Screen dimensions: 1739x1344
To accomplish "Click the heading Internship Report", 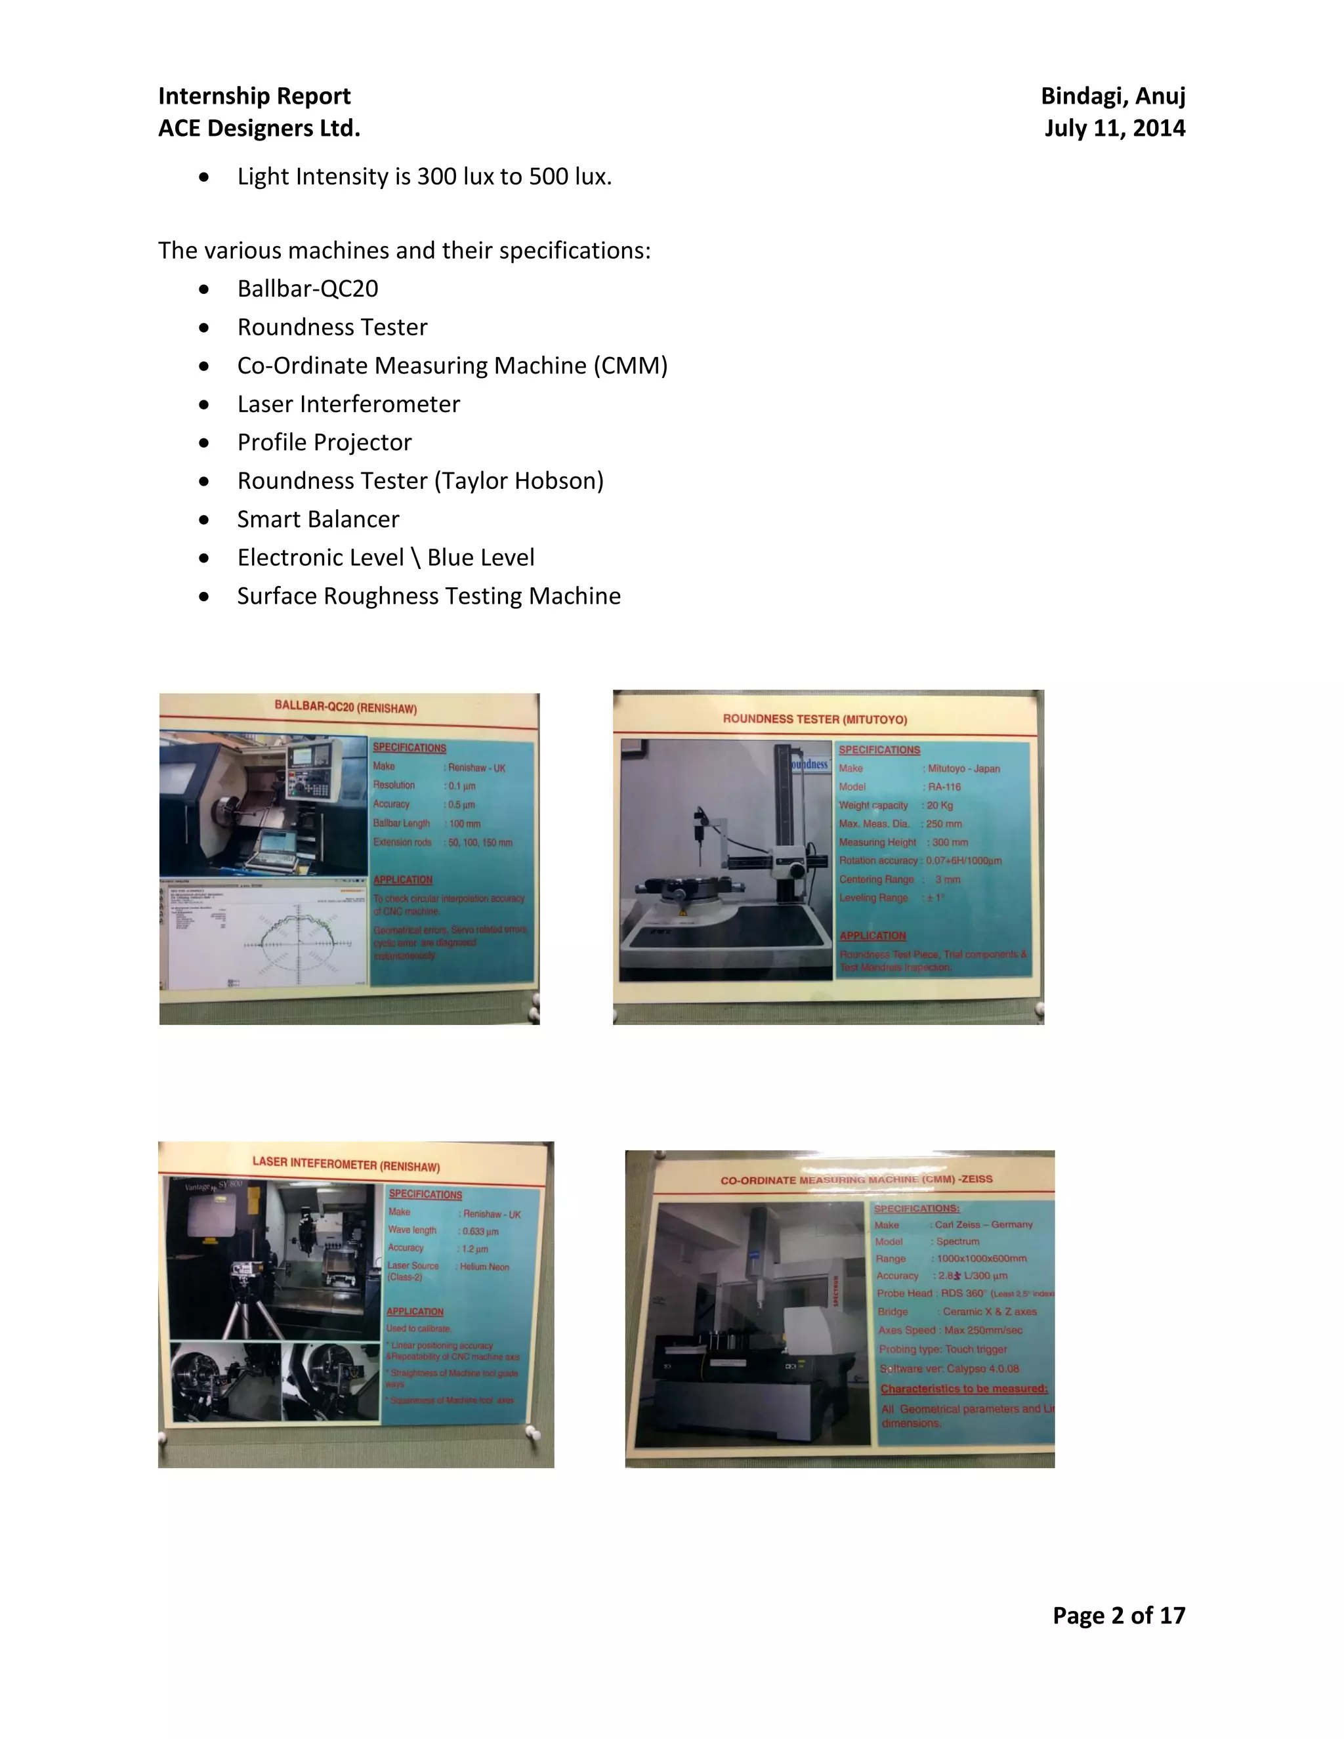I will (254, 96).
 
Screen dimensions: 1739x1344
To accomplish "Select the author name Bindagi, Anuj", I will (1112, 96).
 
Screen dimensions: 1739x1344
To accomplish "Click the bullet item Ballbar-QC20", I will (307, 288).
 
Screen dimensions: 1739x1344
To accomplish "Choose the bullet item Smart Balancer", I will (318, 519).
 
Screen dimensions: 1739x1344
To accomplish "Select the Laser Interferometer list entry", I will (348, 404).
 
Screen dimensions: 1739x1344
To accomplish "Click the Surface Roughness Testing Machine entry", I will (429, 596).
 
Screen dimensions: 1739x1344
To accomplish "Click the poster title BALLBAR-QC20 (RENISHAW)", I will (346, 707).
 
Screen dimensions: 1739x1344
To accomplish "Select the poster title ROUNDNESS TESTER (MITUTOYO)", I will (814, 719).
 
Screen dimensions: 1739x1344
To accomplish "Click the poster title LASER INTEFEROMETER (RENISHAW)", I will (346, 1163).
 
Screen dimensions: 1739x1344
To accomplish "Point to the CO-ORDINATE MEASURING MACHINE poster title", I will (856, 1179).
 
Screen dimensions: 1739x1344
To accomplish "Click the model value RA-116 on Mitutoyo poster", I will (944, 787).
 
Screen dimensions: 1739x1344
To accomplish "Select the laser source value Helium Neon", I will (484, 1267).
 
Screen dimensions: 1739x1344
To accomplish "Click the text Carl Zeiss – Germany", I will (983, 1225).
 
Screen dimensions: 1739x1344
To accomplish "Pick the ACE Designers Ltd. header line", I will (259, 128).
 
